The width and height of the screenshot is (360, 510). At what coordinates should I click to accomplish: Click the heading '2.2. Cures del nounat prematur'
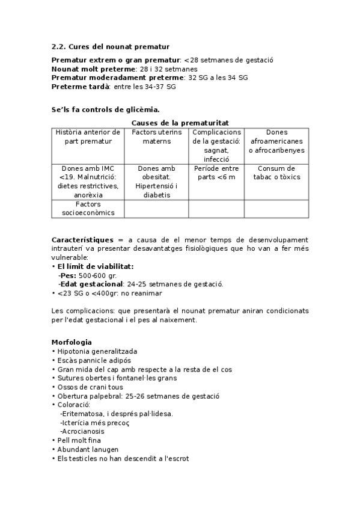coord(110,46)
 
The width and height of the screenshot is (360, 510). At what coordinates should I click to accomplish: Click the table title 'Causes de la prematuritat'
coord(180,122)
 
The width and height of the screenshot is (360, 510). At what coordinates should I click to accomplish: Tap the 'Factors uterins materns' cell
coord(156,137)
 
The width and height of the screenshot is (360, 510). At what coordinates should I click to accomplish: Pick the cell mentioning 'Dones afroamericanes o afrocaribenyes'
coord(276,141)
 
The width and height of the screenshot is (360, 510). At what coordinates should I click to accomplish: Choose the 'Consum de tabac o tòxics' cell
coord(276,173)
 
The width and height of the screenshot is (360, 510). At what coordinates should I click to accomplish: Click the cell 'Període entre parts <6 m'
coord(216,173)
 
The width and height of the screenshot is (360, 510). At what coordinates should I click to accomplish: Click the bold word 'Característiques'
coord(82,240)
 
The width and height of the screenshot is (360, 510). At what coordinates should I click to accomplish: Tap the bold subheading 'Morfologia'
coord(72,342)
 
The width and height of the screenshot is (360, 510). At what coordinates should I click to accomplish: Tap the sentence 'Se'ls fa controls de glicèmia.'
coord(105,109)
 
